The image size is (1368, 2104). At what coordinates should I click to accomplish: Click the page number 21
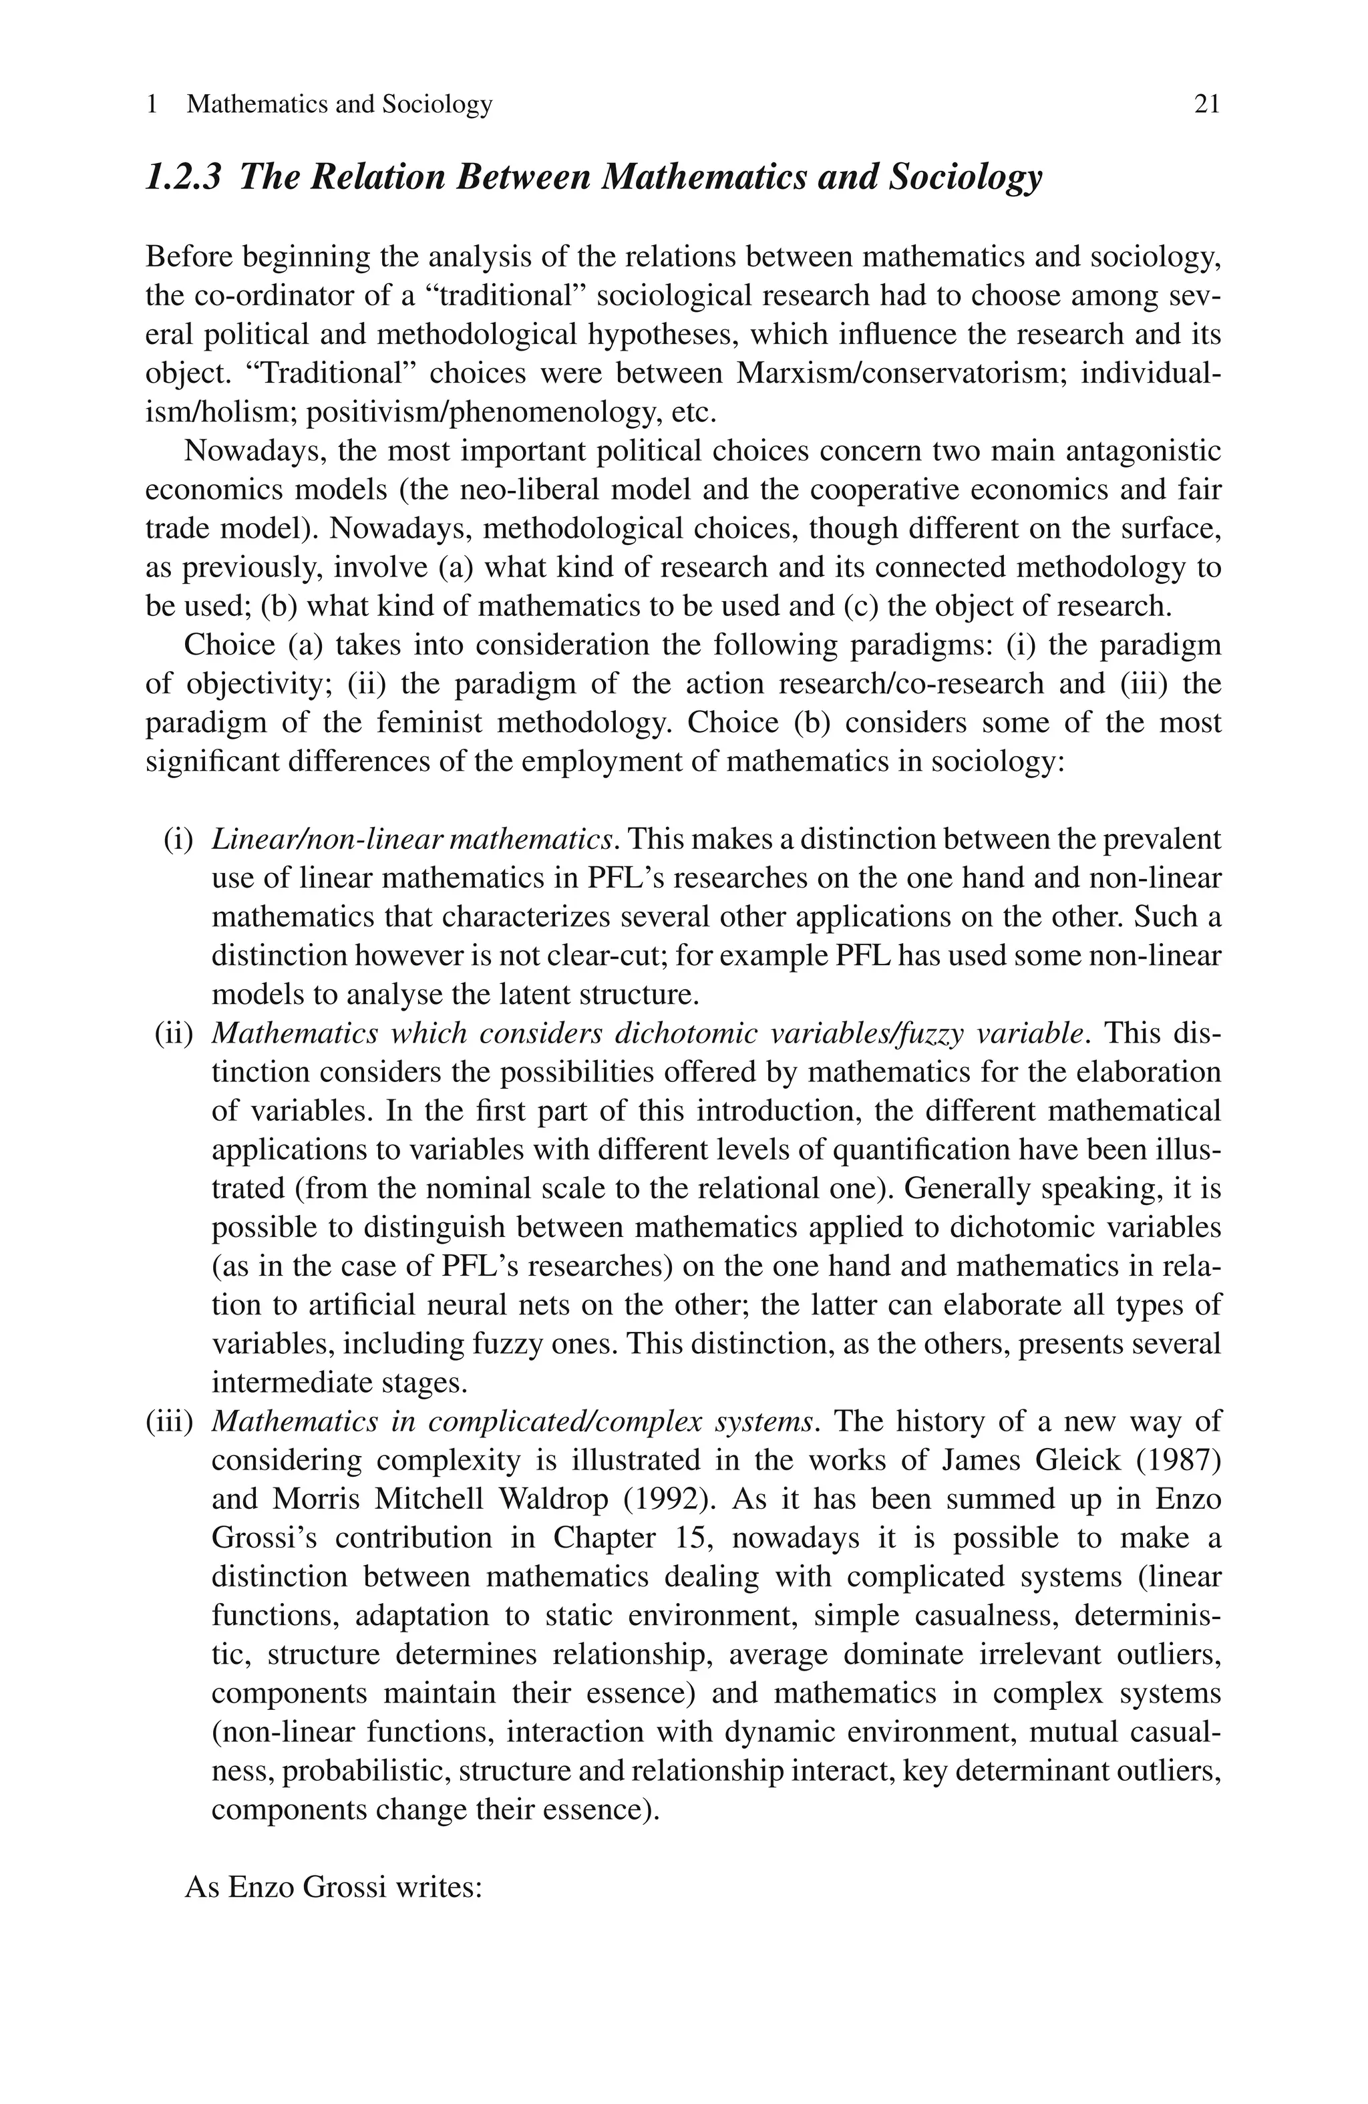click(x=1206, y=104)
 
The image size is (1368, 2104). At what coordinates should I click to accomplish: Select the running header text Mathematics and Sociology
click(x=339, y=104)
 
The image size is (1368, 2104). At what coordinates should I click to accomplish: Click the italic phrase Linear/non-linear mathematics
click(x=412, y=839)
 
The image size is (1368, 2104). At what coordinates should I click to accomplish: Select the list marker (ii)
click(x=174, y=1033)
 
